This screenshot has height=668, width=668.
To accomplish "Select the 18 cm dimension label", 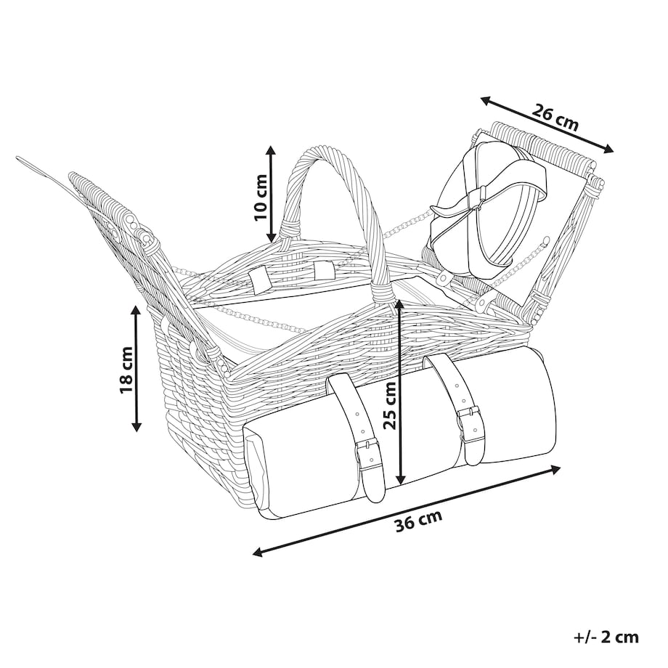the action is [x=126, y=370].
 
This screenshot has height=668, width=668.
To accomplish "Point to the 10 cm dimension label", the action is [x=260, y=197].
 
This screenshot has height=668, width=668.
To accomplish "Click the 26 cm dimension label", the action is [x=555, y=117].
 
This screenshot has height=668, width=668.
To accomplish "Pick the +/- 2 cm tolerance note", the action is [x=606, y=637].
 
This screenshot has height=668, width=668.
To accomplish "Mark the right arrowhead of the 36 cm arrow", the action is [x=555, y=469].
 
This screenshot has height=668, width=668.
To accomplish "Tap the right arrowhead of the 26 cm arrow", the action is [x=608, y=149].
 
